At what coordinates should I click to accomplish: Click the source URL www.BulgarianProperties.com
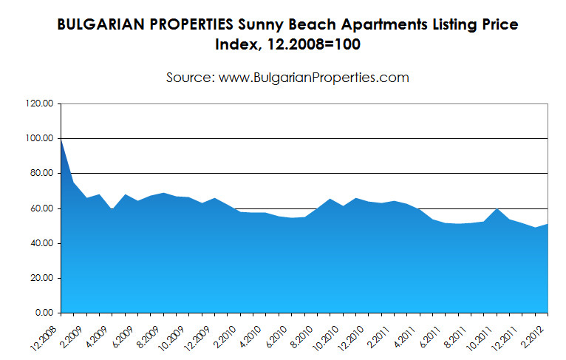coord(314,77)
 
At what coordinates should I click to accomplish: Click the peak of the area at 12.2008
coord(61,139)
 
